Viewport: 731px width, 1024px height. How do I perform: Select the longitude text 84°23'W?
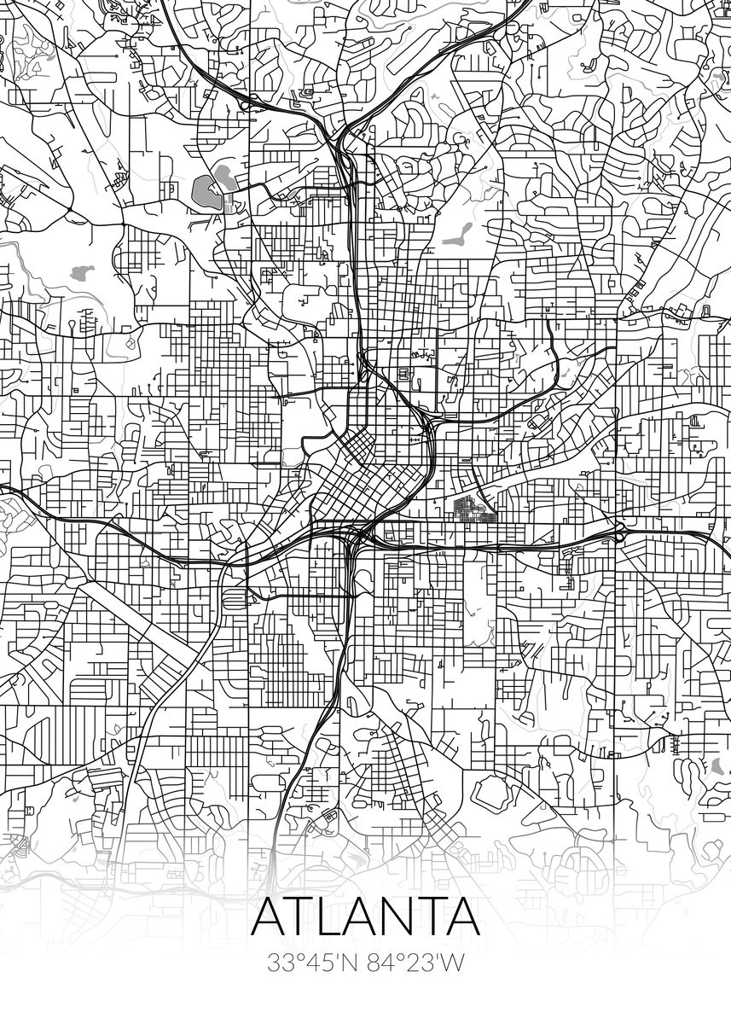tap(415, 963)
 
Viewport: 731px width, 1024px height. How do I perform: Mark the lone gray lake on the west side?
tap(82, 273)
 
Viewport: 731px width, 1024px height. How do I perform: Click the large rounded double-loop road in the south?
tap(490, 795)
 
